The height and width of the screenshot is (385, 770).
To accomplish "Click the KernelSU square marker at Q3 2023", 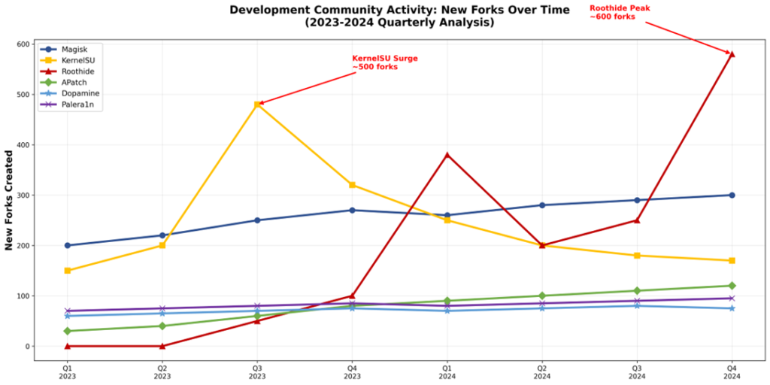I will click(257, 105).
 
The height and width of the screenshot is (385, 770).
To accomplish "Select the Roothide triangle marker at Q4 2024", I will click(732, 54).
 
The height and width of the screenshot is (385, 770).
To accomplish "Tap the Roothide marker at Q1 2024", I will click(447, 155).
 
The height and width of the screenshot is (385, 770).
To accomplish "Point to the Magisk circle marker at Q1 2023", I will click(68, 245).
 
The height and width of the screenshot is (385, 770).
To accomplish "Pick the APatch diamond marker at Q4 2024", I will click(732, 286).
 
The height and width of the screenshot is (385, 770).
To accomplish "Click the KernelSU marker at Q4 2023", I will click(352, 185).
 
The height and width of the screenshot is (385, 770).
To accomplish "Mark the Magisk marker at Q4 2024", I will click(732, 196).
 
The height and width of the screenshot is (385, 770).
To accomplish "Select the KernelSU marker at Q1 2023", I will click(68, 271).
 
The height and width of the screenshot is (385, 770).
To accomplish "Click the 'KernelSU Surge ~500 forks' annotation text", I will click(385, 62).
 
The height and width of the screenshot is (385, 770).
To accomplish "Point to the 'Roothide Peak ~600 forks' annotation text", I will click(620, 12).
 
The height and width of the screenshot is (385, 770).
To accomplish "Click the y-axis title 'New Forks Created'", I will click(9, 200).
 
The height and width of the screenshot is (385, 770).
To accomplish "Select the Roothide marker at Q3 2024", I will click(637, 220).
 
